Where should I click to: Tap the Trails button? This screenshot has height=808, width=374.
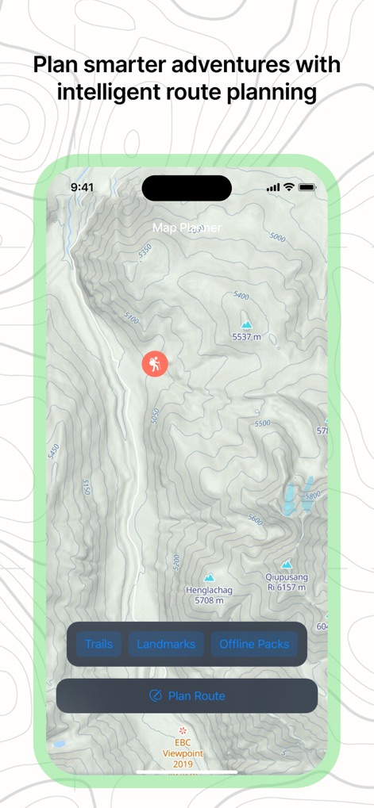(x=98, y=644)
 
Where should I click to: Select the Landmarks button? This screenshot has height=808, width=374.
(x=166, y=644)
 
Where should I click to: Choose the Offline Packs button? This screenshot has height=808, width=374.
(x=254, y=644)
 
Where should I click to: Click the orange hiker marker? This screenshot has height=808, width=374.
(x=155, y=364)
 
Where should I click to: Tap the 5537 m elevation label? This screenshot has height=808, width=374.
(x=246, y=337)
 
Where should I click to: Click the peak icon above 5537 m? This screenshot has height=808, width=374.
(x=246, y=325)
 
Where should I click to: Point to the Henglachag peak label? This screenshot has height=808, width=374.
(x=209, y=595)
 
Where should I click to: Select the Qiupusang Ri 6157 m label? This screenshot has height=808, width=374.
(x=286, y=582)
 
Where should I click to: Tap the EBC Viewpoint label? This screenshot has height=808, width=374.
(x=184, y=753)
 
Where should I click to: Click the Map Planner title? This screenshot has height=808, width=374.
(x=187, y=228)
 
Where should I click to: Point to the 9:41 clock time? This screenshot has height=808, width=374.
(x=82, y=187)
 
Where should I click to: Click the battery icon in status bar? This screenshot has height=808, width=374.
(x=307, y=187)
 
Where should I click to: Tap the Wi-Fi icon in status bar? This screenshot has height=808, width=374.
(x=289, y=187)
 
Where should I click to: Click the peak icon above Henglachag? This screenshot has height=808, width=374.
(x=209, y=578)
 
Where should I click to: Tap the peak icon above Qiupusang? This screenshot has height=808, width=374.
(x=286, y=565)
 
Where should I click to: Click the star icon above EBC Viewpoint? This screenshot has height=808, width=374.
(x=184, y=729)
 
